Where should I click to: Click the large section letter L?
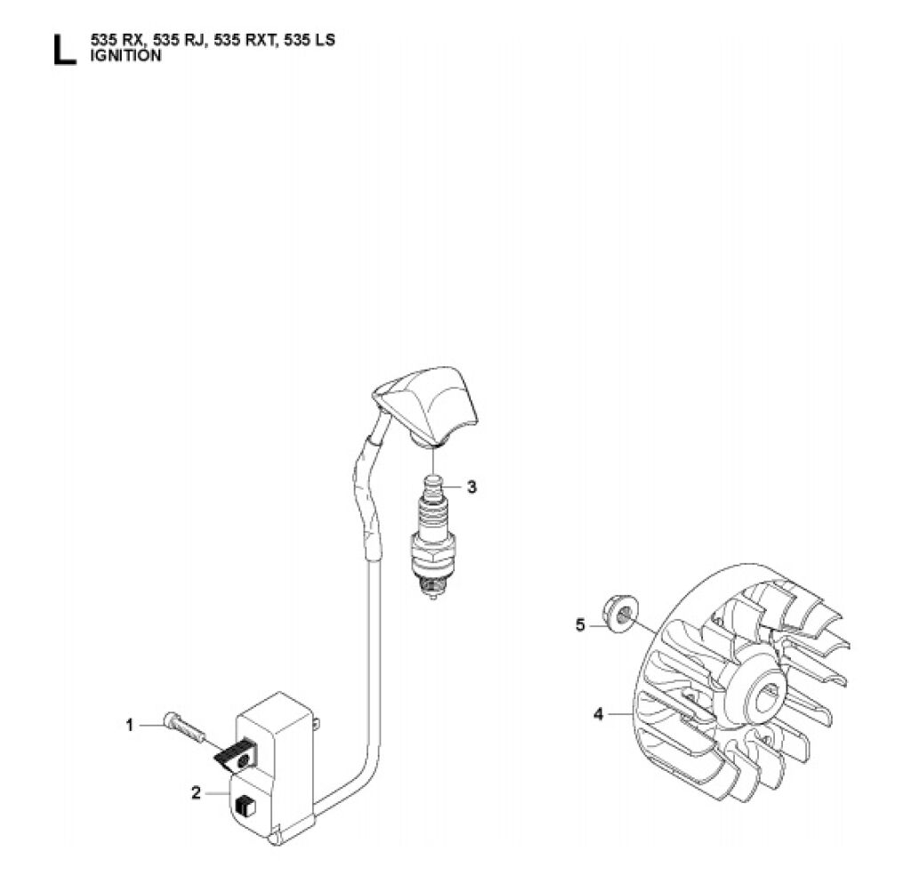[64, 50]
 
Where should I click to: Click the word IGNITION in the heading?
[126, 56]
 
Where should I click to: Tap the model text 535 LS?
[310, 41]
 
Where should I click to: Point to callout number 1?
[130, 725]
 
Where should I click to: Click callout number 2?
[196, 792]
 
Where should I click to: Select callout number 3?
[472, 486]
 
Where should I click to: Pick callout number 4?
[599, 714]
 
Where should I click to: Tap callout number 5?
[580, 625]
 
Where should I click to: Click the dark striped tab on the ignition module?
[236, 755]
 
